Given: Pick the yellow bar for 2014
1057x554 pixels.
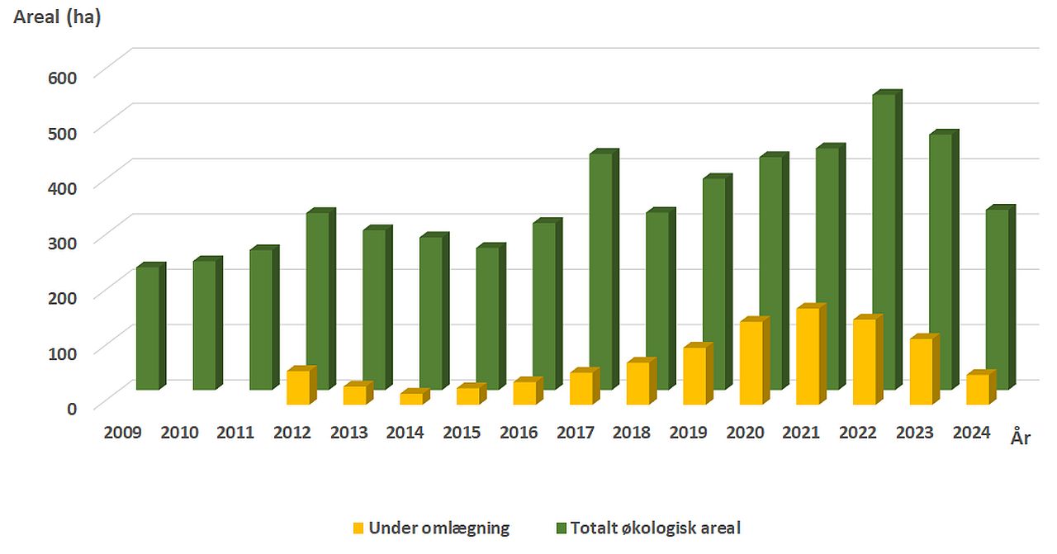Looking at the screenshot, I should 410,398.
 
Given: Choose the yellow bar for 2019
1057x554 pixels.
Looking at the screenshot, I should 694,375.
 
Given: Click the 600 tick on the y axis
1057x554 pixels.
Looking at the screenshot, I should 61,77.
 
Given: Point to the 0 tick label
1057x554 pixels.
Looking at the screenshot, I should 72,408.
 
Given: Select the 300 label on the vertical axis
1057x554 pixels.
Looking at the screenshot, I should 61,243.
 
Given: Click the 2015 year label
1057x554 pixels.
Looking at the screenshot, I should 462,433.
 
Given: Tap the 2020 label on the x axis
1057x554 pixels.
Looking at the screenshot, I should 745,433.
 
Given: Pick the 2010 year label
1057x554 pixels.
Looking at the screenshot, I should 179,433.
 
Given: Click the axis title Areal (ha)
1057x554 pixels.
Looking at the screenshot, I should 57,17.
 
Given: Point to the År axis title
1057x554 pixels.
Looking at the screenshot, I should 1020,438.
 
